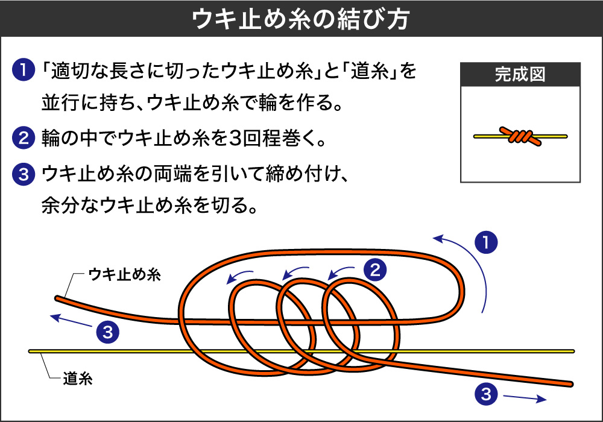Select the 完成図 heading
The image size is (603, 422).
coord(520,75)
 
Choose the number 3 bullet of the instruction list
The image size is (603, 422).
coord(22,175)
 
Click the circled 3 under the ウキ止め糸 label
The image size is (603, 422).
coord(106,331)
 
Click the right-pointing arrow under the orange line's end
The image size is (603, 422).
coord(525,398)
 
